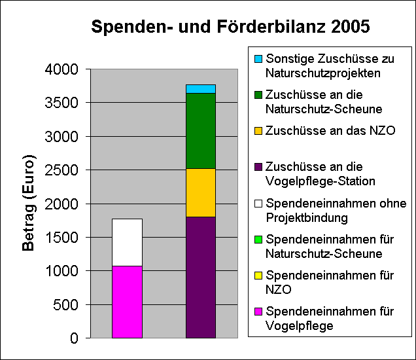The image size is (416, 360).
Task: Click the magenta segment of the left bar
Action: pyautogui.click(x=127, y=302)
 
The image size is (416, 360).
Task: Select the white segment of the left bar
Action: pyautogui.click(x=127, y=242)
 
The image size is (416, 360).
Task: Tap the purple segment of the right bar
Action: pyautogui.click(x=201, y=277)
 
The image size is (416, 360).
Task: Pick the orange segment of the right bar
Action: pyautogui.click(x=201, y=192)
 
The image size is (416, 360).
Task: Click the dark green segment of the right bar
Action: pyautogui.click(x=201, y=131)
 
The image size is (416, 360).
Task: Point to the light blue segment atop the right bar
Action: pyautogui.click(x=201, y=89)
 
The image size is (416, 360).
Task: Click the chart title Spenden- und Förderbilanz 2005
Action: pyautogui.click(x=230, y=27)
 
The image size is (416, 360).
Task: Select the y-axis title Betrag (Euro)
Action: pyautogui.click(x=29, y=203)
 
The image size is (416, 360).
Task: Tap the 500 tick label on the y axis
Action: pyautogui.click(x=67, y=304)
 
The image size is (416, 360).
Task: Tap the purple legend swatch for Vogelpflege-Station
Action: pyautogui.click(x=258, y=167)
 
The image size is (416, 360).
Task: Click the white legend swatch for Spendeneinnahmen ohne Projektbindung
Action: pyautogui.click(x=258, y=203)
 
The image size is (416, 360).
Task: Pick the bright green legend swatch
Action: pyautogui.click(x=258, y=239)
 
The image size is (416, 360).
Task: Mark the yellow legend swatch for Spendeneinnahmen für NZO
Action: pyautogui.click(x=258, y=275)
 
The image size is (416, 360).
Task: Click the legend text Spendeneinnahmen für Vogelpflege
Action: pyautogui.click(x=330, y=317)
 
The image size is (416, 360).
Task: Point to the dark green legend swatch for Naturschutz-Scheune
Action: pyautogui.click(x=258, y=95)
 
